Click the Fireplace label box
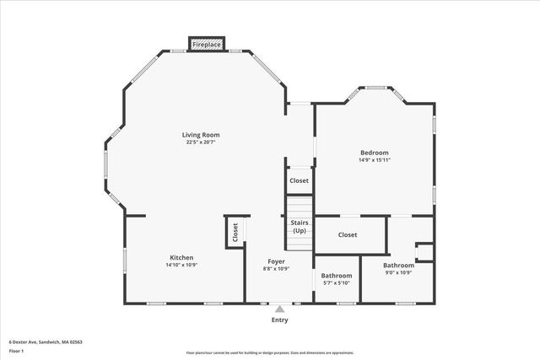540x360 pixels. [x=207, y=44]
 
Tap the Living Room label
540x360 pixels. [x=201, y=135]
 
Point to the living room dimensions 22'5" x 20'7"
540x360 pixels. [x=201, y=142]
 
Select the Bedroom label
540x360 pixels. [x=375, y=153]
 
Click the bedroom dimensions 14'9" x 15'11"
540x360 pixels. [x=375, y=159]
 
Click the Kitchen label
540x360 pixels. [x=181, y=258]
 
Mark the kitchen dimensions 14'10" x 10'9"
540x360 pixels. [x=181, y=266]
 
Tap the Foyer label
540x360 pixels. [x=277, y=262]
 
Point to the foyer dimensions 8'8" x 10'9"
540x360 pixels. [x=277, y=269]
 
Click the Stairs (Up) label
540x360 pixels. [x=300, y=227]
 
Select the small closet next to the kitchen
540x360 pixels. [x=235, y=231]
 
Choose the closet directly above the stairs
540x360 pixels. [x=299, y=180]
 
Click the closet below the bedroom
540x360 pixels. [x=348, y=234]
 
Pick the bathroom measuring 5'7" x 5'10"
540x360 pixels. [x=336, y=279]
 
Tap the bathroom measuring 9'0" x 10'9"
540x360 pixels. [x=398, y=268]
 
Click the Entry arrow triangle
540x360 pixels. [x=279, y=309]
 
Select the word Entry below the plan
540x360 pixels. [x=279, y=320]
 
